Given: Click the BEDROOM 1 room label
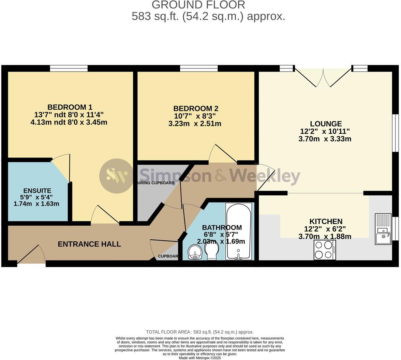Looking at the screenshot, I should coord(70,107).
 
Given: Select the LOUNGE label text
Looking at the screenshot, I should coord(326,124).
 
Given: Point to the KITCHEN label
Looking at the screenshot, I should coord(326,221).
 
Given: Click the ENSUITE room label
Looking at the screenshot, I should coord(37,191).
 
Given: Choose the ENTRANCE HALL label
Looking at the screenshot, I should coord(89,244).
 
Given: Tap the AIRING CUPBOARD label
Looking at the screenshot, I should coord(156,183).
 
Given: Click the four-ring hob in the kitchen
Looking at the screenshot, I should coord(325,250).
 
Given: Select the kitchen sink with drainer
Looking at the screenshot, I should coord(383,229).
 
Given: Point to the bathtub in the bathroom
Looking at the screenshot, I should coord(239,231).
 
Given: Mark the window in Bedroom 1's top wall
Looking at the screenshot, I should coord(69,69).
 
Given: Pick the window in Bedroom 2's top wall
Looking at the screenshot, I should coord(199,69).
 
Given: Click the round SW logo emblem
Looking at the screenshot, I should coord(116,176).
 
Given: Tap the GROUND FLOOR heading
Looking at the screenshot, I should coord(198,5).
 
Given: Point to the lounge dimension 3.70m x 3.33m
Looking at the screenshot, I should coord(325,139).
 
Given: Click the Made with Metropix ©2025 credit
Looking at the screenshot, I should coord(200,358).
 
